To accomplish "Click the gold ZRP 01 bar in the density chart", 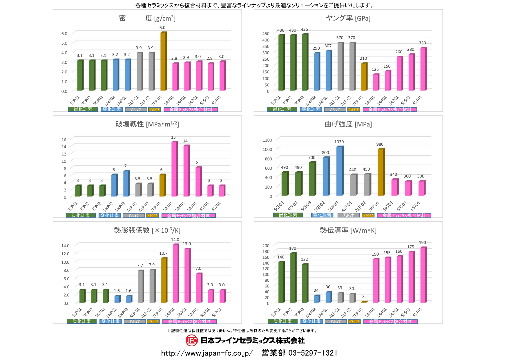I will point(163,61).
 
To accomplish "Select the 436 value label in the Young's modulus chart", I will point(304,30).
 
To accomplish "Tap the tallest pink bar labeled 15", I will point(174,169).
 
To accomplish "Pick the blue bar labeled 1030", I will point(339,171).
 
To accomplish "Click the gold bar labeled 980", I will point(381,172).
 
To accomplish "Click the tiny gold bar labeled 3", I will point(364,302).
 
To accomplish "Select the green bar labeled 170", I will point(293,278).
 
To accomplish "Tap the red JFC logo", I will point(191,341).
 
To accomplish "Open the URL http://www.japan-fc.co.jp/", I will point(207,353).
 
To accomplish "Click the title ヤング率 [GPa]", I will point(348,18).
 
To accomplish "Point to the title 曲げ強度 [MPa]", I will point(348,124).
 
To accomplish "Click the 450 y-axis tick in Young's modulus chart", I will point(266,34).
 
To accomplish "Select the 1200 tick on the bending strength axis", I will point(267,140).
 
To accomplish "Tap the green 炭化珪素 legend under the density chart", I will point(83,109).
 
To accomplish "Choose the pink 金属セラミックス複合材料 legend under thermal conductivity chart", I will point(390,321).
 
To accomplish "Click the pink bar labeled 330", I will point(423,69).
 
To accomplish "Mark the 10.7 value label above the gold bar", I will point(163,253).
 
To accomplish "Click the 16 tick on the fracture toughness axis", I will point(64,140).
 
